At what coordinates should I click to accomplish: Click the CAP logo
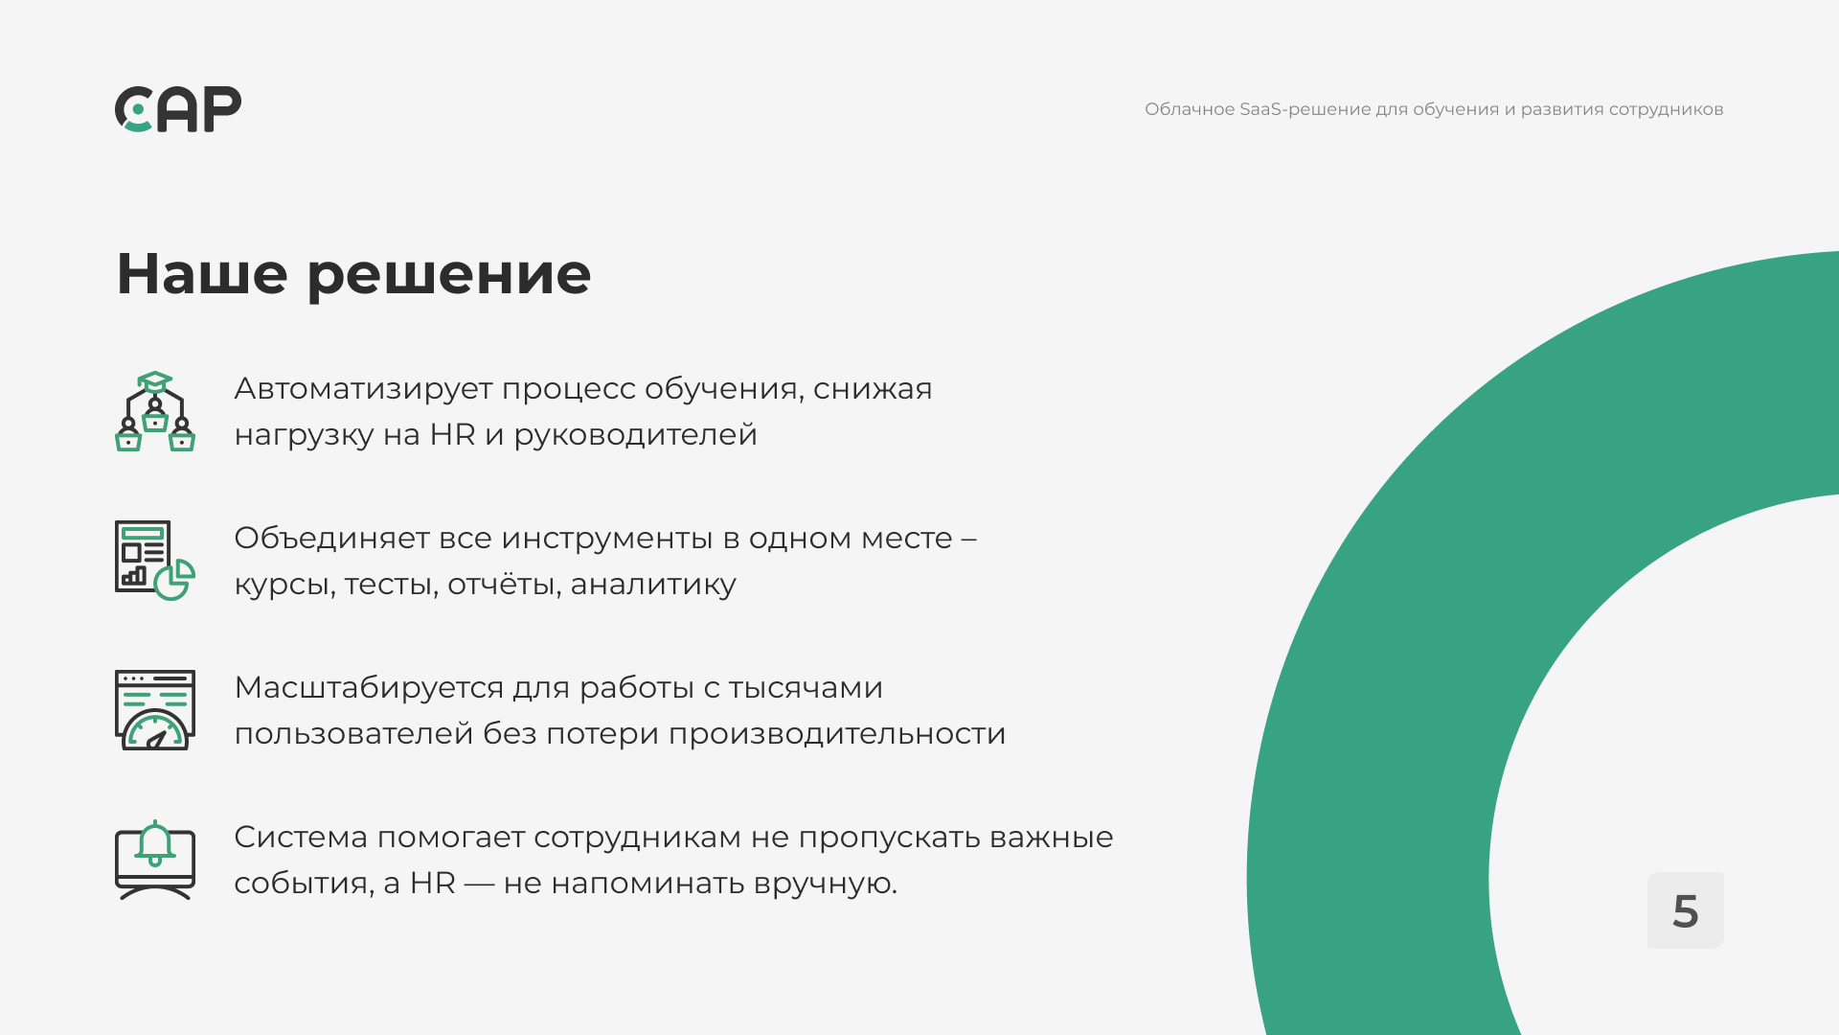pyautogui.click(x=178, y=109)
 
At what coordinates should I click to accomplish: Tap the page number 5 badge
pyautogui.click(x=1685, y=910)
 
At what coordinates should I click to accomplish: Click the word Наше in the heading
pyautogui.click(x=202, y=274)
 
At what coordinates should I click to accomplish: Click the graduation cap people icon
pyautogui.click(x=155, y=411)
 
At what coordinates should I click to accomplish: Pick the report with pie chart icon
pyautogui.click(x=155, y=561)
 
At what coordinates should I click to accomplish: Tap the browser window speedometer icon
pyautogui.click(x=155, y=710)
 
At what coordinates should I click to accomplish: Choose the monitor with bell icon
pyautogui.click(x=155, y=860)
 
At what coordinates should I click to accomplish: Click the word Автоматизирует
pyautogui.click(x=363, y=390)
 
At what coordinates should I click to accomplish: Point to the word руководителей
pyautogui.click(x=635, y=436)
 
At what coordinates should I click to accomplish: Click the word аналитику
pyautogui.click(x=653, y=586)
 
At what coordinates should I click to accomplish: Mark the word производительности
pyautogui.click(x=837, y=735)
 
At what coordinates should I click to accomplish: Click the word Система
pyautogui.click(x=301, y=838)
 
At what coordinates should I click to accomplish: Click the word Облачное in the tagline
pyautogui.click(x=1190, y=109)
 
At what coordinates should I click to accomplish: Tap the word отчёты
pyautogui.click(x=504, y=585)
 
